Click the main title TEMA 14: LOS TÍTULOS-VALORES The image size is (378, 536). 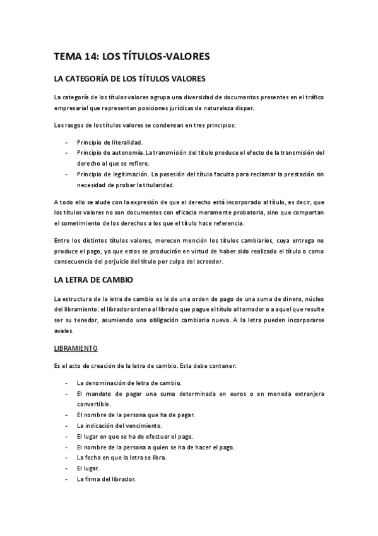(132, 57)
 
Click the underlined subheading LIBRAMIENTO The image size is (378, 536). (74, 349)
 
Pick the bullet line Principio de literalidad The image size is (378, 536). (110, 142)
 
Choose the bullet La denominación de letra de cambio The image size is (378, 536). (129, 383)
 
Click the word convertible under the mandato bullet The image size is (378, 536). (93, 404)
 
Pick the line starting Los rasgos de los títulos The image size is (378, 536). (145, 126)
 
